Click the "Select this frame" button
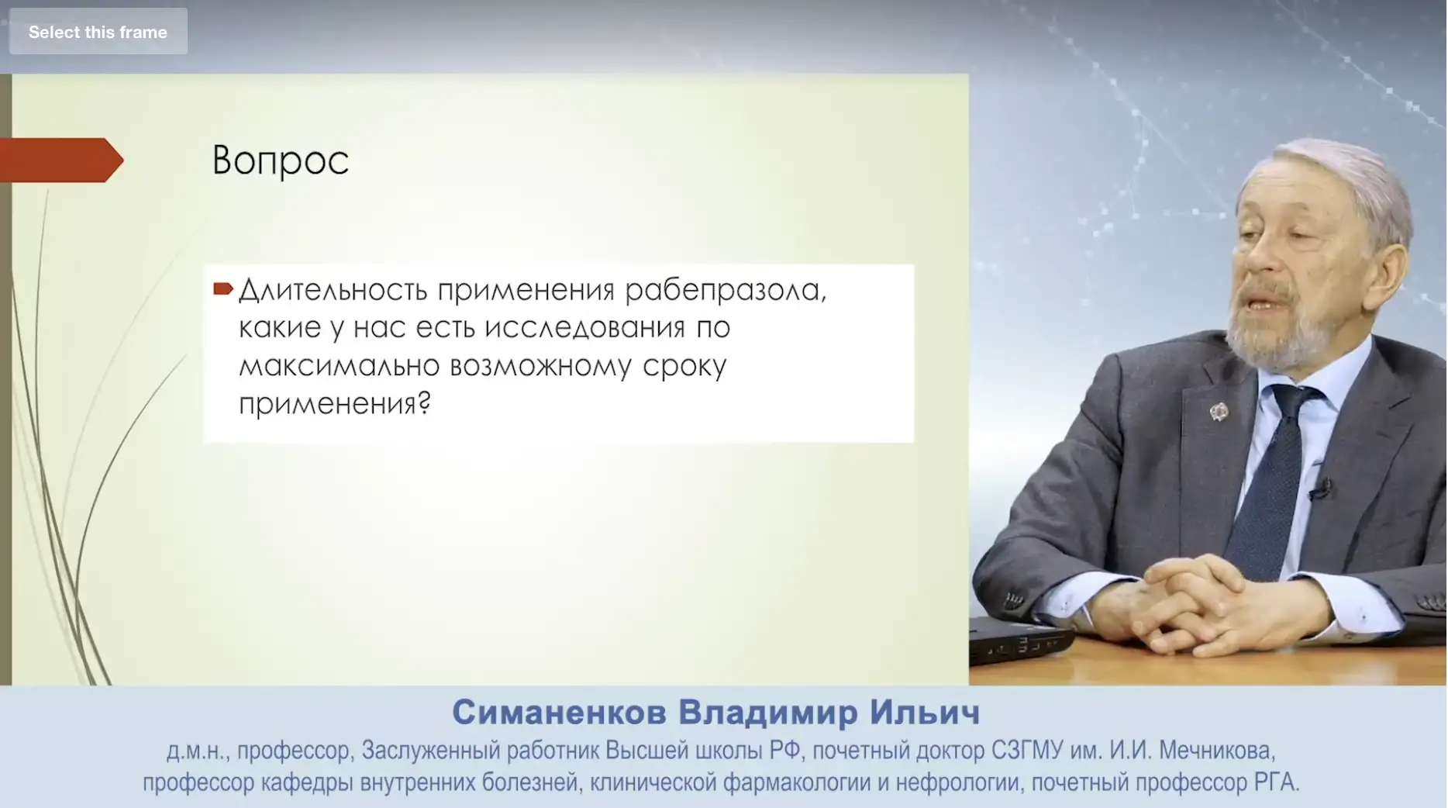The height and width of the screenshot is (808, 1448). (98, 32)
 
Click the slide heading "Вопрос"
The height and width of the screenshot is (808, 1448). (281, 161)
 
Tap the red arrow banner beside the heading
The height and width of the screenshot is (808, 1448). (61, 161)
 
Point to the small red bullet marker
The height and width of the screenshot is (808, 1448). (223, 289)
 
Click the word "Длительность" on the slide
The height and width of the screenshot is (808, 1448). (333, 290)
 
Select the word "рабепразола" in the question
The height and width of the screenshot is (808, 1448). (726, 290)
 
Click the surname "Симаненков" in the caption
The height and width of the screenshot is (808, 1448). (559, 712)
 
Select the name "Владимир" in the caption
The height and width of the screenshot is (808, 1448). (768, 712)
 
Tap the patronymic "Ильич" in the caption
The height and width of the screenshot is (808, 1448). (925, 712)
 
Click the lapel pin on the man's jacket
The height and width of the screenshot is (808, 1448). (1219, 411)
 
